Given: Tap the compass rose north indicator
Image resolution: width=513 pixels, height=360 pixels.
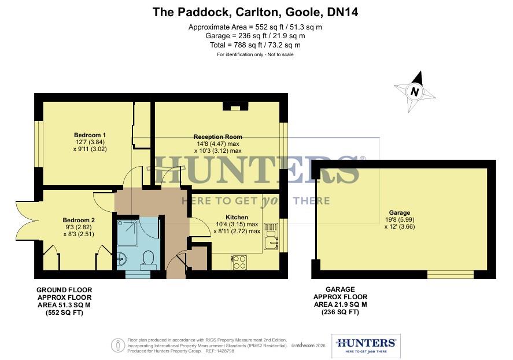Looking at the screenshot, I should tap(414, 91).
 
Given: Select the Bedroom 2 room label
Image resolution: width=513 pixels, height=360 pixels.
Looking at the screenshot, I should tap(79, 220).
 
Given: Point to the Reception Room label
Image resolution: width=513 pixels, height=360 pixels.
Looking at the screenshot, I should tap(217, 137).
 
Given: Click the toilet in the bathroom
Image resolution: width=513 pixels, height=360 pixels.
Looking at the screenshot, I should tap(148, 259).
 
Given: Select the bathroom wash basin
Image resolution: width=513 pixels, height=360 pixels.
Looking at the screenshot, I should tap(121, 258).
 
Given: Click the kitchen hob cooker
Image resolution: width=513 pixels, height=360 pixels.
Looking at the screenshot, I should tap(239, 262).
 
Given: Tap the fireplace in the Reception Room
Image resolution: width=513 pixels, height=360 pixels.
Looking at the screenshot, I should tap(235, 106).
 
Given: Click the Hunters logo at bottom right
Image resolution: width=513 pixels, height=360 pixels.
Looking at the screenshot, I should tap(366, 345).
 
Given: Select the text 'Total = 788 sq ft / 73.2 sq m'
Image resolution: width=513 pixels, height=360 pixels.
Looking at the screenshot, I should tap(256, 45).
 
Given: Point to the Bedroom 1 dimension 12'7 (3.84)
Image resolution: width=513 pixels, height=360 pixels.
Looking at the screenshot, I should tap(89, 142).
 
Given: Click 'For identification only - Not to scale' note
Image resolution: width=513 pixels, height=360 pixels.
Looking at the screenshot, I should tap(255, 54).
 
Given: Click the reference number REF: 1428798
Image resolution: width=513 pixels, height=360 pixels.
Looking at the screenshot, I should tap(223, 351).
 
